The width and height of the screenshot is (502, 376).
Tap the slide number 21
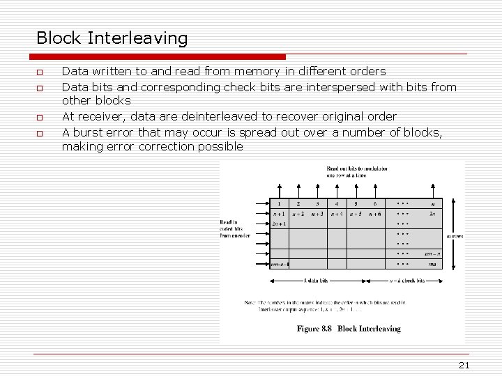coord(464,366)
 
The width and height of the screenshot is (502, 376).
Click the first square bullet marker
coord(40,72)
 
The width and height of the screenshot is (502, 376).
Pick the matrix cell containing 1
coord(279,204)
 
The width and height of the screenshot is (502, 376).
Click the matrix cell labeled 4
coord(337,204)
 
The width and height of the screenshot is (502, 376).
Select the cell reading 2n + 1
coord(279,224)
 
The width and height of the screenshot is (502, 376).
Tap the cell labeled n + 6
coord(375,214)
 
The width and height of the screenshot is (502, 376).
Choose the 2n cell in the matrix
coord(433,214)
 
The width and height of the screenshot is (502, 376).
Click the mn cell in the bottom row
coord(433,264)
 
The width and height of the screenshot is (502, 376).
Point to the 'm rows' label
coord(455,236)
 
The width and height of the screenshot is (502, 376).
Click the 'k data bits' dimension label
coord(316,281)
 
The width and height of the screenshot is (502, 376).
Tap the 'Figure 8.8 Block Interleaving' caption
coord(349,328)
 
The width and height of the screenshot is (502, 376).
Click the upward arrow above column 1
coord(279,191)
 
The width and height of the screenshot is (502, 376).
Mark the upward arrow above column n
coord(433,191)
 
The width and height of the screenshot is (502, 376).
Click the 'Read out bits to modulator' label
coord(357,171)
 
